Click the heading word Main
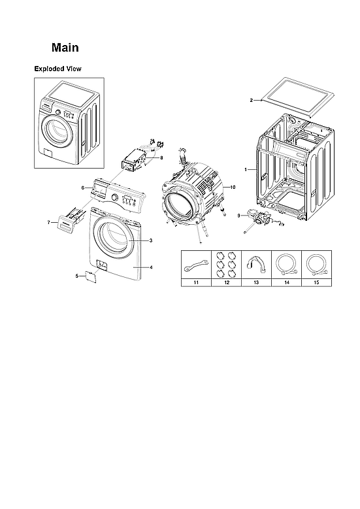coord(65,48)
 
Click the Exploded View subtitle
coord(57,69)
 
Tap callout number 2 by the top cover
coord(251,101)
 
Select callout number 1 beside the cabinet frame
coord(246,169)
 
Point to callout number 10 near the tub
coord(233,187)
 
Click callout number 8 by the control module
coord(161,157)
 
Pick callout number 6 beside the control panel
coord(83,188)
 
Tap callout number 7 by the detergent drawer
coord(48,223)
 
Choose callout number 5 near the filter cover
coord(77,276)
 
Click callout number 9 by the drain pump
coord(239,215)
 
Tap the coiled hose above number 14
coord(285,265)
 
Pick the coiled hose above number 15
coord(316,265)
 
